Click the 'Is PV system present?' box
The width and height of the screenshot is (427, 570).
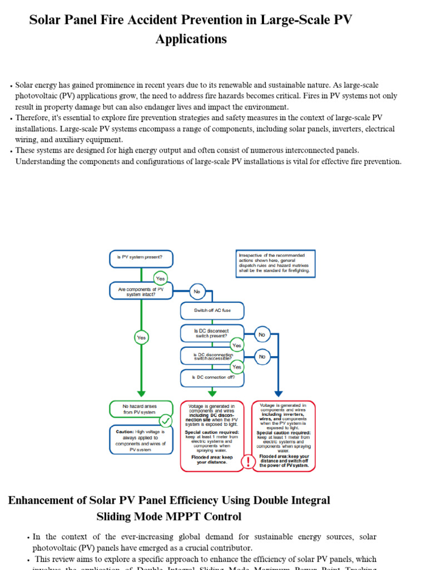[141, 258]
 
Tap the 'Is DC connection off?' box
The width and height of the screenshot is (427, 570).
[212, 377]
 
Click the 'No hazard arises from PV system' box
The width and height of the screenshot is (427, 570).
[141, 409]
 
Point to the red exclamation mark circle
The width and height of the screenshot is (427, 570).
[248, 461]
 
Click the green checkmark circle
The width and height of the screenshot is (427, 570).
[166, 420]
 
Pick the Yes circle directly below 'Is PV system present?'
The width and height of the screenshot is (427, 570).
[160, 278]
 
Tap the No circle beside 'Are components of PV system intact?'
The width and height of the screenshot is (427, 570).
[196, 291]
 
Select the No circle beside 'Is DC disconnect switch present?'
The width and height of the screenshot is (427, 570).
[262, 335]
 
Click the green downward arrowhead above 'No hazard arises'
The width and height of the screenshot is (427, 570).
[141, 393]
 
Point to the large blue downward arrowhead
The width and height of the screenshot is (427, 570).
[279, 393]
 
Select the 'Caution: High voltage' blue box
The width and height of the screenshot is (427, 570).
[141, 440]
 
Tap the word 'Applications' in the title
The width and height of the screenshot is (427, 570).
[191, 39]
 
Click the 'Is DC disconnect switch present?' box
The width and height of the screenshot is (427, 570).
[212, 333]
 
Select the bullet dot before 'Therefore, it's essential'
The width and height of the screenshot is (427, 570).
[11, 119]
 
